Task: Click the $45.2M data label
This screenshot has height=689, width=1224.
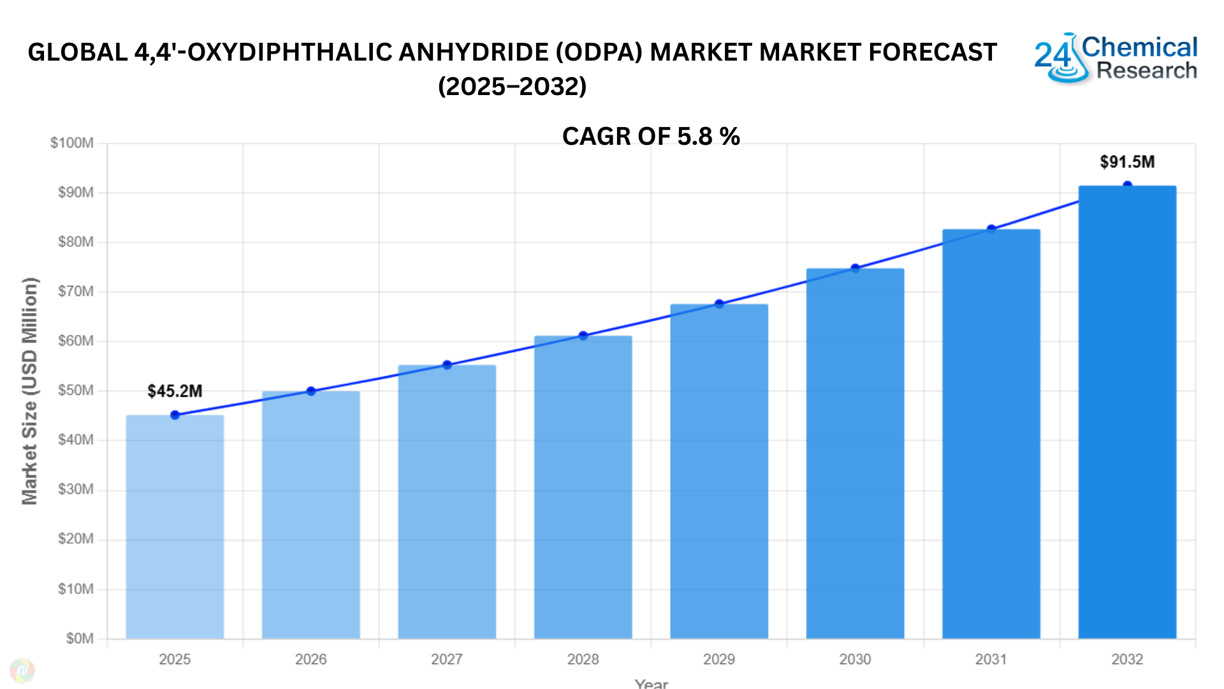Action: click(x=175, y=391)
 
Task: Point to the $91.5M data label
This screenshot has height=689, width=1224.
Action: click(x=1126, y=162)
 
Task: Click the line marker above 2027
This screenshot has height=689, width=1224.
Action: click(x=447, y=365)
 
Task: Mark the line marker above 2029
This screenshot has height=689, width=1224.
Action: click(x=719, y=304)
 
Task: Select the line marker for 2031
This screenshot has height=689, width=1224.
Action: click(x=991, y=229)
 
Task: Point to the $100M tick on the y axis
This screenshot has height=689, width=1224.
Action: click(x=72, y=143)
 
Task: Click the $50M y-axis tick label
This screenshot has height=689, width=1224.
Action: click(x=75, y=390)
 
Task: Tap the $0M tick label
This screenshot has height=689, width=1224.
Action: click(x=79, y=639)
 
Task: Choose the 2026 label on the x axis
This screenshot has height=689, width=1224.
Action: click(x=310, y=659)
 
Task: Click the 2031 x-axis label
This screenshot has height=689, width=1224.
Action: click(x=991, y=659)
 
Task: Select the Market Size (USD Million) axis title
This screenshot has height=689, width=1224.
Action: click(x=30, y=390)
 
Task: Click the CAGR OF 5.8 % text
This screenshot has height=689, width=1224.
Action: click(x=651, y=137)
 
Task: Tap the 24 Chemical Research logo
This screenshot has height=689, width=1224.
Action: click(x=1116, y=58)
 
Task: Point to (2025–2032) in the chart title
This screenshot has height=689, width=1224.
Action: click(x=512, y=87)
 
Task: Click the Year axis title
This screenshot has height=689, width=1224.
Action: click(x=651, y=683)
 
